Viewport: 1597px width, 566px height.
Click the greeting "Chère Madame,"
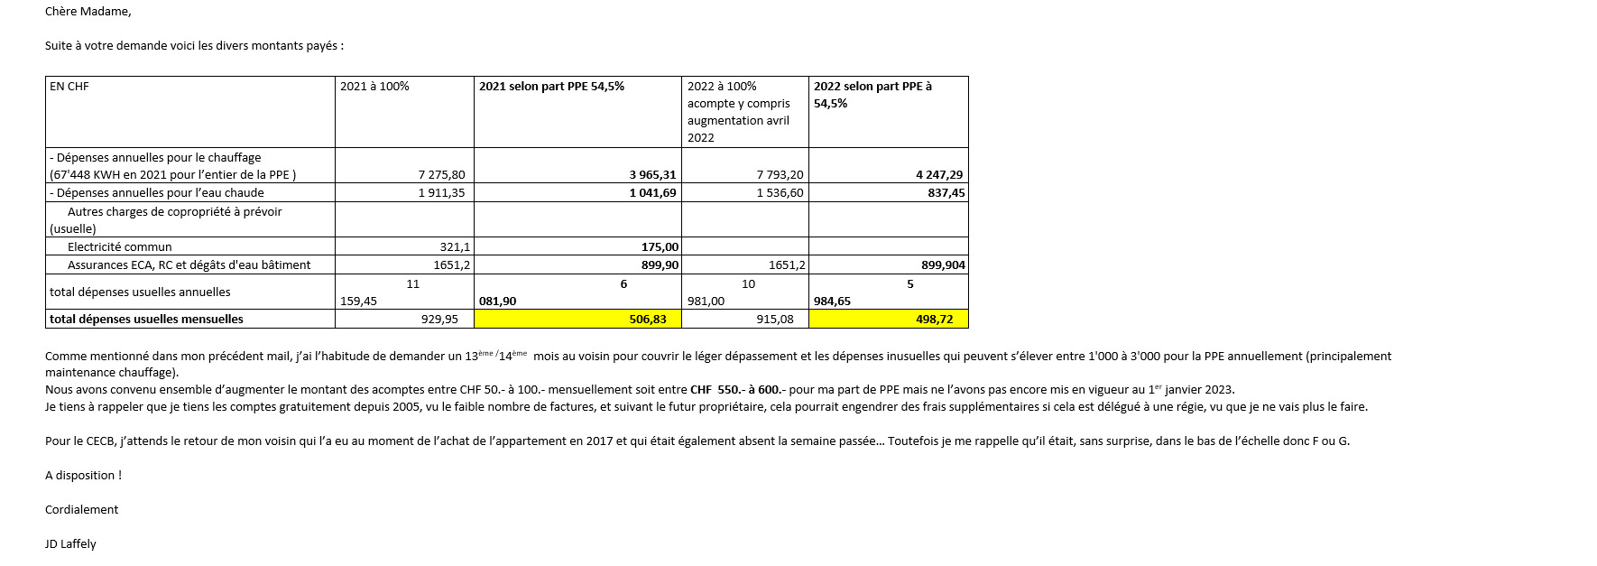pyautogui.click(x=88, y=12)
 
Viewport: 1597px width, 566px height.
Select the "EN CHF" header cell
pyautogui.click(x=69, y=87)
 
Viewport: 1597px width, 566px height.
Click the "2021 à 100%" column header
pyautogui.click(x=374, y=87)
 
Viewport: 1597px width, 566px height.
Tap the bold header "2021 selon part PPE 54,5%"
pyautogui.click(x=551, y=87)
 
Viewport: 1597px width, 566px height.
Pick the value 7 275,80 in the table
pyautogui.click(x=442, y=175)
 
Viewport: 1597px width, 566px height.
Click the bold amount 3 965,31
pyautogui.click(x=652, y=175)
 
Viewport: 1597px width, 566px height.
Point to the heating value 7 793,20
pyautogui.click(x=780, y=175)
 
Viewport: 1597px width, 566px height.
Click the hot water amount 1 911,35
pyautogui.click(x=442, y=193)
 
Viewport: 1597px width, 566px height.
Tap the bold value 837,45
pyautogui.click(x=946, y=193)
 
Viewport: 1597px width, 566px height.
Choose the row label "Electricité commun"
pyautogui.click(x=119, y=247)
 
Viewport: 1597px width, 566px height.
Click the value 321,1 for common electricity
pyautogui.click(x=455, y=247)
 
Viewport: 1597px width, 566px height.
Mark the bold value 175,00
pyautogui.click(x=660, y=247)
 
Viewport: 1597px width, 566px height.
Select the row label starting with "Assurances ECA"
pyautogui.click(x=189, y=265)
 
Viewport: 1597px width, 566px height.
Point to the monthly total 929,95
pyautogui.click(x=439, y=320)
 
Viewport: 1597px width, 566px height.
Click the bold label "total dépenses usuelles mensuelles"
pyautogui.click(x=146, y=320)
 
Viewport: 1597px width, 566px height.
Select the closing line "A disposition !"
pyautogui.click(x=83, y=476)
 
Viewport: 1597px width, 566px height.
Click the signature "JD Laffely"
pyautogui.click(x=70, y=544)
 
